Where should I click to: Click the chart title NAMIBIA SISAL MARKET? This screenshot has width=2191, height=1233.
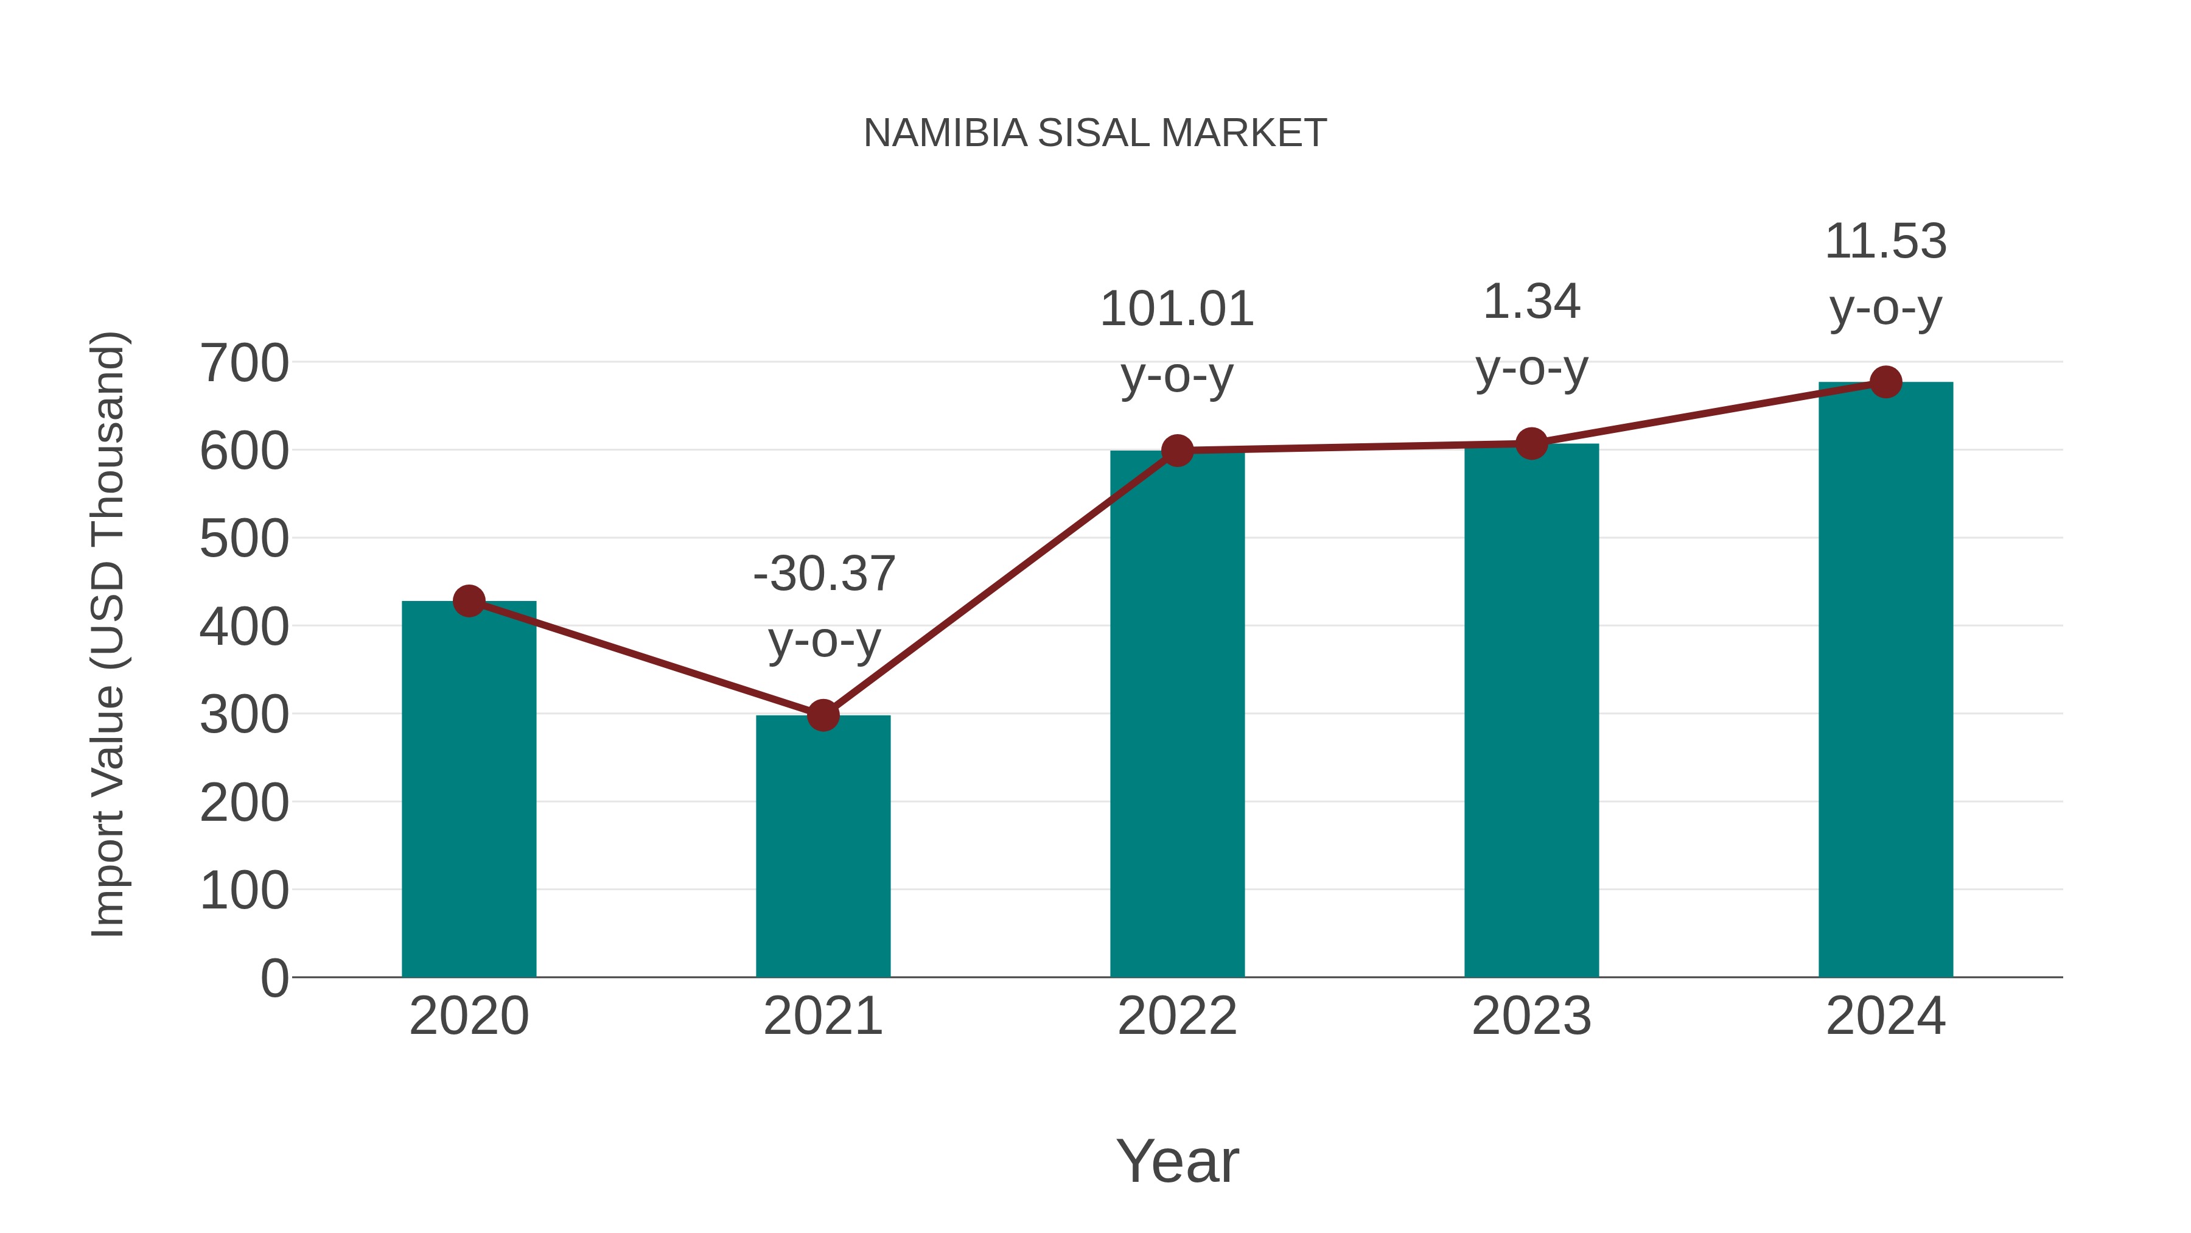1095,133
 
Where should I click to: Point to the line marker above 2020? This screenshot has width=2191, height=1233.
469,601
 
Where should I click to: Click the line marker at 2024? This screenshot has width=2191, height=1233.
1885,382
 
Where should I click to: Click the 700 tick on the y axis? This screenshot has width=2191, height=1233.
244,364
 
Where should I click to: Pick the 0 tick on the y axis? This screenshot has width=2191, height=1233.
274,978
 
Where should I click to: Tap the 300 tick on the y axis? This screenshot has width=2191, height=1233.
244,715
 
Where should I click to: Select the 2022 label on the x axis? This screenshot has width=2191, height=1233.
1177,1016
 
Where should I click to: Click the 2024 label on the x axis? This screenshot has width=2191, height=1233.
1885,1016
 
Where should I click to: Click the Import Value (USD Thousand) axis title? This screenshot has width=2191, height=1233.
109,634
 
